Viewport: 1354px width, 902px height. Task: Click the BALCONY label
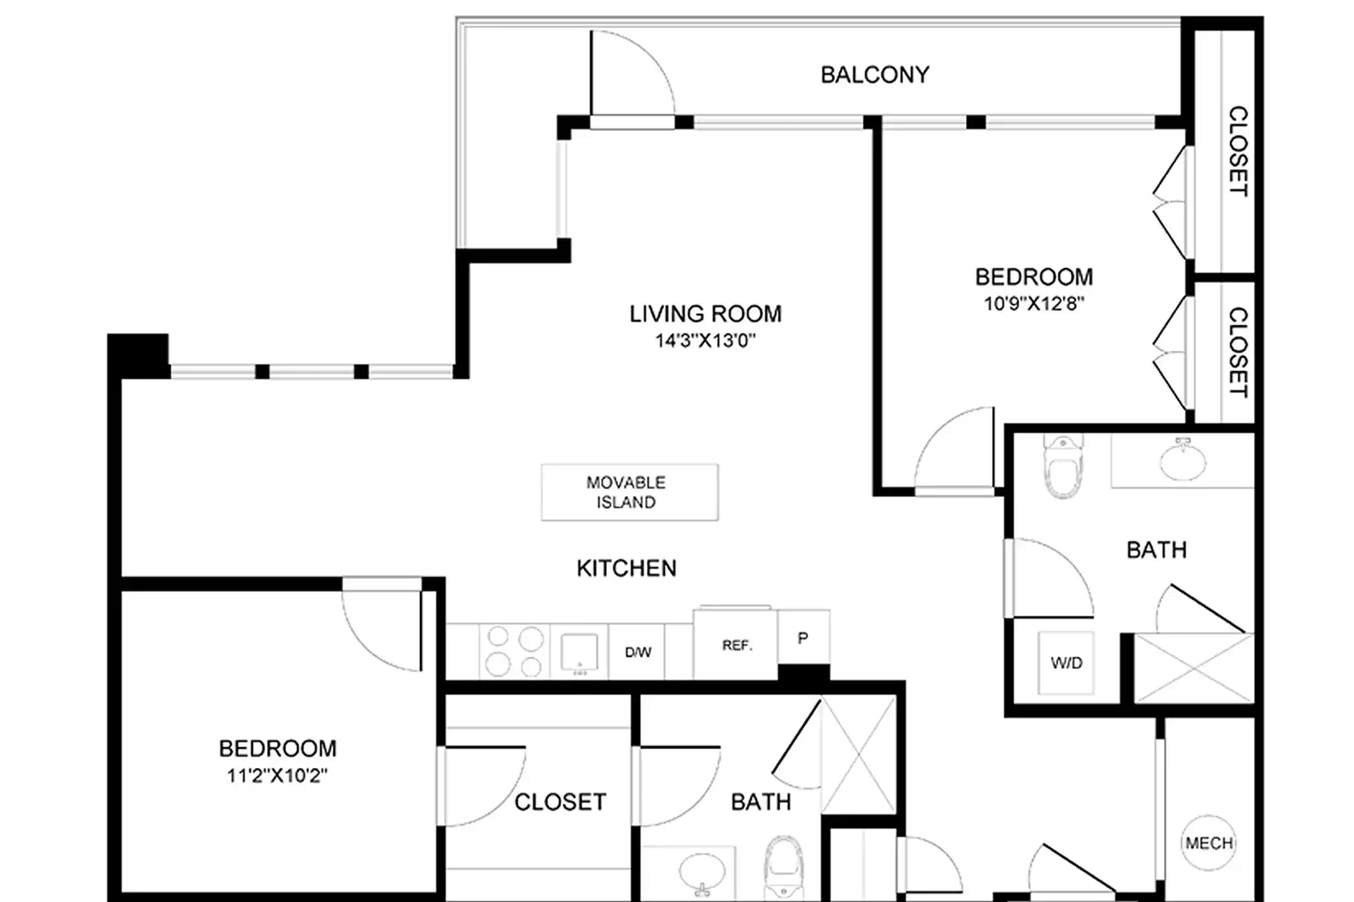pos(874,75)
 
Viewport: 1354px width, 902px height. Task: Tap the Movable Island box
pos(629,492)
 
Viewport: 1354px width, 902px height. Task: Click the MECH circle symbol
pos(1209,843)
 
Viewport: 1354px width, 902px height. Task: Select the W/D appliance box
pos(1066,663)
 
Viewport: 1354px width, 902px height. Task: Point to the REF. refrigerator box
pos(736,645)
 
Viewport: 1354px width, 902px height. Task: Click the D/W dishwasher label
pos(638,652)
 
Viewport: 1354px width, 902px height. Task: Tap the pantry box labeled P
pos(803,638)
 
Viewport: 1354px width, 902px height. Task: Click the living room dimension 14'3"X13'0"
pos(705,341)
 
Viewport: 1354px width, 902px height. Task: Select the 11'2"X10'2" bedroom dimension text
pos(277,776)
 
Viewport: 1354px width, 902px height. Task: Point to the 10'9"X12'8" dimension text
pos(1034,304)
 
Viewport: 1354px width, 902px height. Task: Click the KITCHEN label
pos(626,568)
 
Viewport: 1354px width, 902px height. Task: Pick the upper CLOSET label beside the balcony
pos(1237,151)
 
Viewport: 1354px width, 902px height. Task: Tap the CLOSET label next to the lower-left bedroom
pos(560,802)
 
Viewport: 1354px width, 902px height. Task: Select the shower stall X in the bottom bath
pos(858,755)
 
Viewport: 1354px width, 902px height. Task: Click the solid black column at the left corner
pos(138,355)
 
